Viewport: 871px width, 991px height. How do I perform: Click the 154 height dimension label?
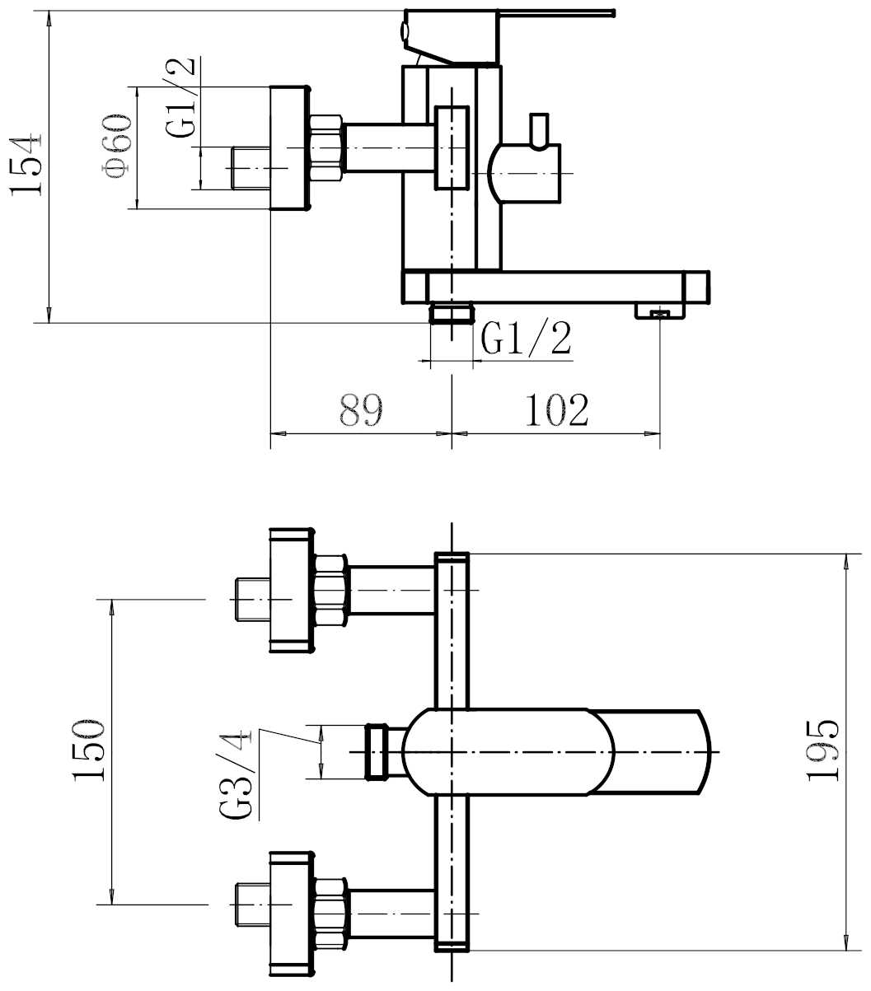pyautogui.click(x=26, y=164)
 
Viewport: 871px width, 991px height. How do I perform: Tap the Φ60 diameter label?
pyautogui.click(x=117, y=147)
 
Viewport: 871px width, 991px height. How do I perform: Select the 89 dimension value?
pyautogui.click(x=361, y=409)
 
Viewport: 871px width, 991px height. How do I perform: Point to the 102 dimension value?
pyautogui.click(x=557, y=409)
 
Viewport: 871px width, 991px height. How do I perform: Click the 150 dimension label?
pyautogui.click(x=89, y=750)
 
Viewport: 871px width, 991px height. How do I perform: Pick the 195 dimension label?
pyautogui.click(x=822, y=750)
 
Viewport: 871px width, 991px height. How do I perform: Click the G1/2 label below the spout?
pyautogui.click(x=526, y=339)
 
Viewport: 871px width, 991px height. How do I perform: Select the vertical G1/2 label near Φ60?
pyautogui.click(x=180, y=97)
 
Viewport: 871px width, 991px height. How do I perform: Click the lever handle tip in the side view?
pyautogui.click(x=611, y=13)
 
